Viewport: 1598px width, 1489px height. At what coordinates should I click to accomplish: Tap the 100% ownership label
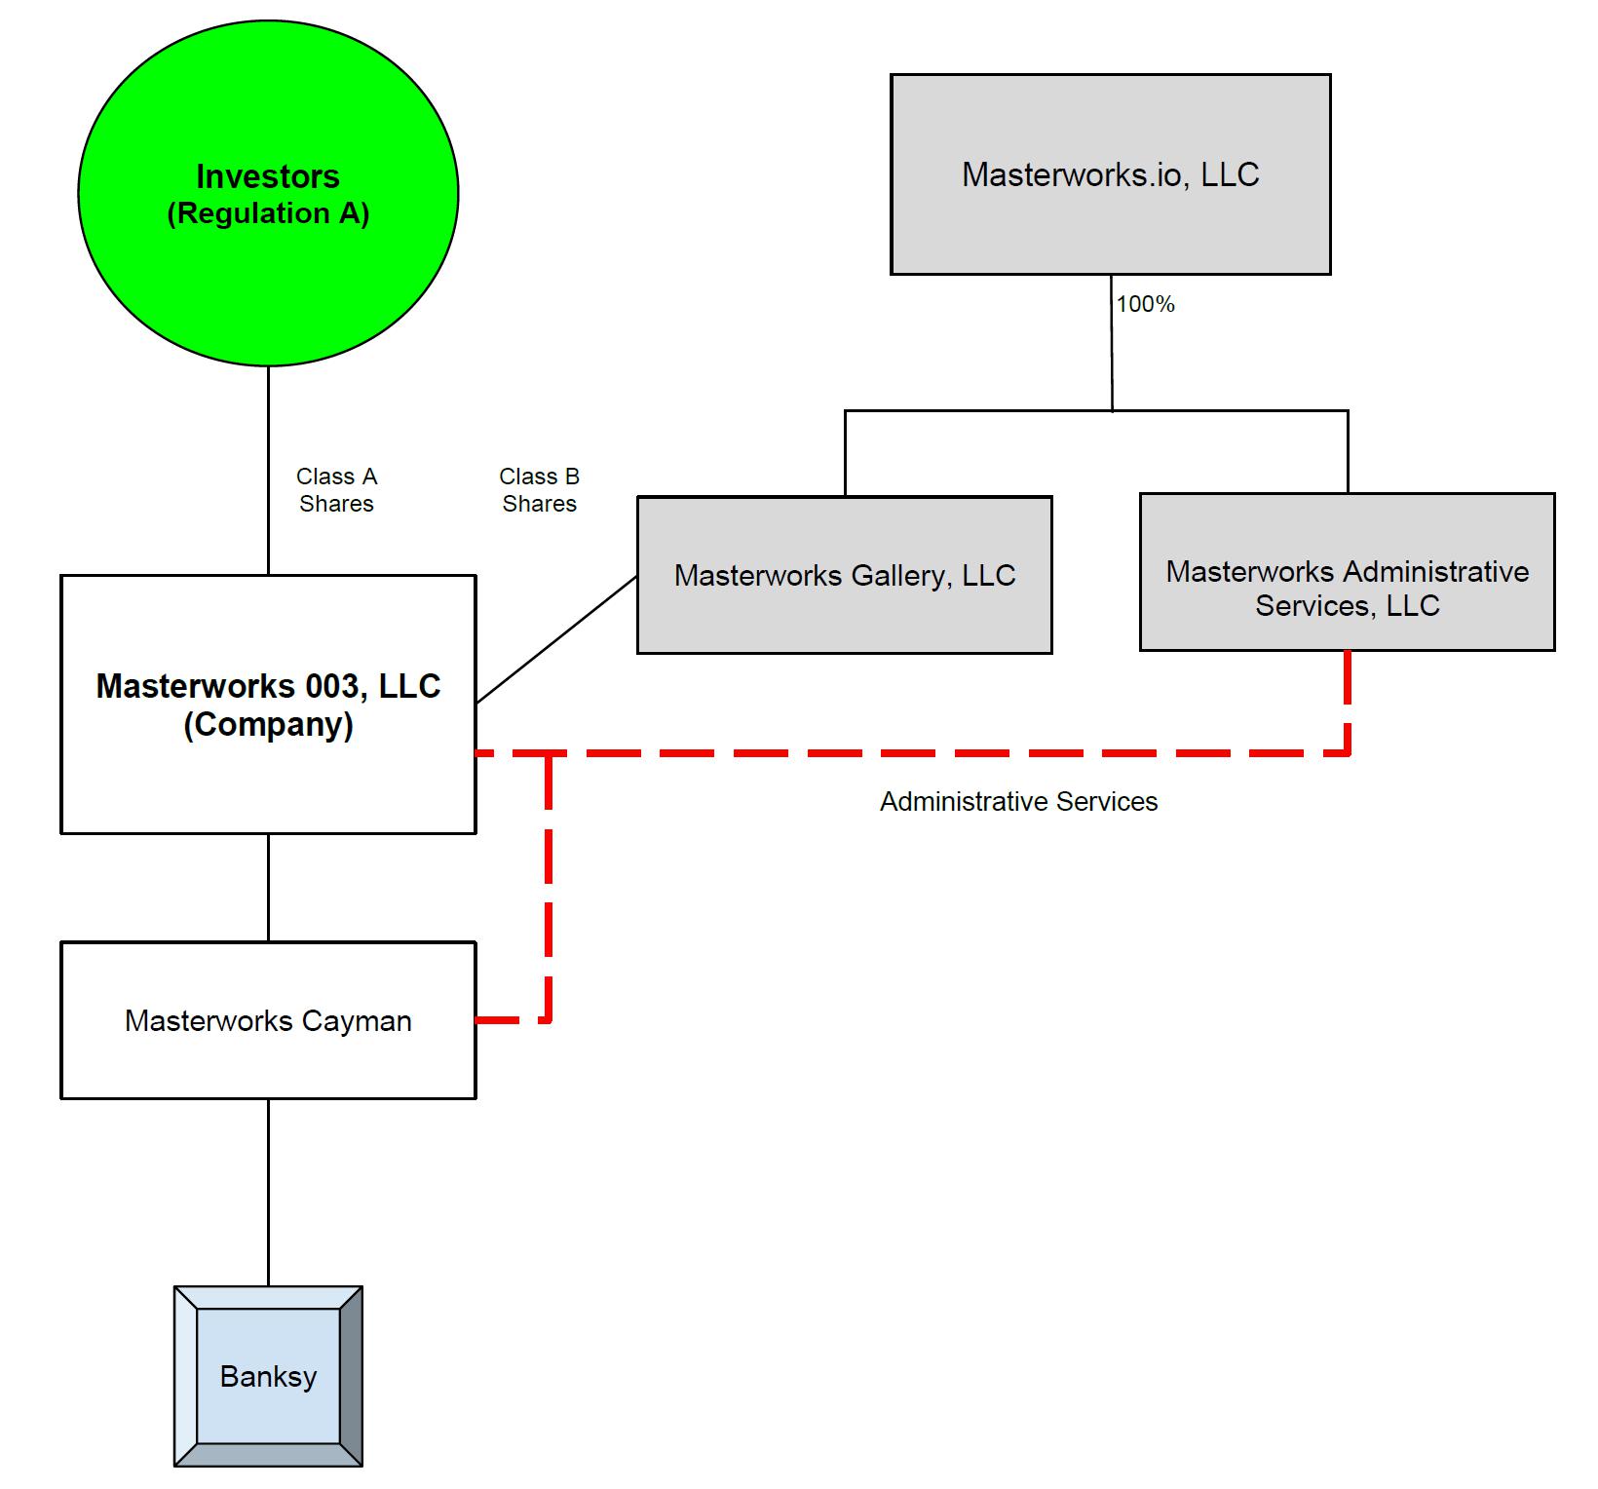click(x=1145, y=304)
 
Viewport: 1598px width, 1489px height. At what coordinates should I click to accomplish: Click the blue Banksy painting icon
click(x=268, y=1376)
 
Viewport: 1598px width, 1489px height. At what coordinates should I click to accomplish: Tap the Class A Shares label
click(x=336, y=490)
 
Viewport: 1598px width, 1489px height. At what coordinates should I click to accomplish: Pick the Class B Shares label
click(x=539, y=490)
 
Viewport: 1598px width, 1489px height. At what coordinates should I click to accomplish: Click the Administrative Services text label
click(x=1018, y=801)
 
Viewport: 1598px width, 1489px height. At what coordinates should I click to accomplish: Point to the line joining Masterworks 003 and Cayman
click(x=268, y=887)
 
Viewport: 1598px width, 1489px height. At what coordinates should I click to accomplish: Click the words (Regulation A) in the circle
click(x=268, y=214)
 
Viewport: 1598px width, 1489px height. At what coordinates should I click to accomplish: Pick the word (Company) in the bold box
click(x=268, y=725)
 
